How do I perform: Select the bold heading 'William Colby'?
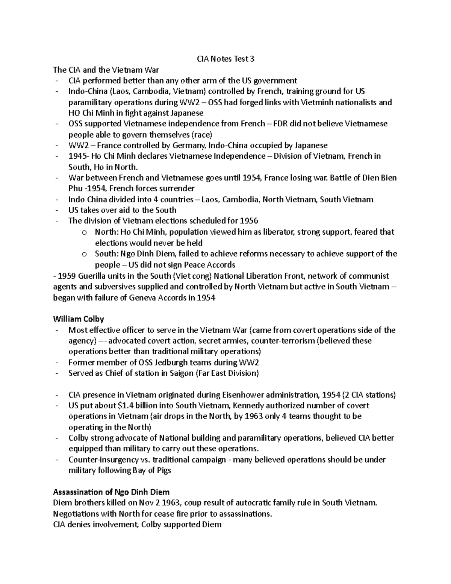click(79, 319)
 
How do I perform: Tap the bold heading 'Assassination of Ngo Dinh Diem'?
click(111, 492)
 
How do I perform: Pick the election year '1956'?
click(249, 221)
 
